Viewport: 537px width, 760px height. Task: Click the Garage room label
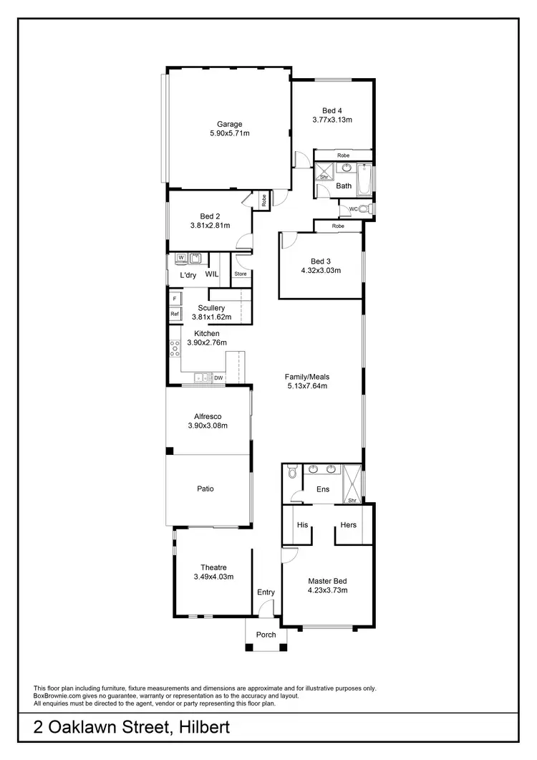coord(230,124)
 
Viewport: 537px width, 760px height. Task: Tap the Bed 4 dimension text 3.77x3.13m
coord(332,120)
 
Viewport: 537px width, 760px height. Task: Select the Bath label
coord(344,186)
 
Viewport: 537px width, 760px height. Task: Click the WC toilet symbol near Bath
coord(364,209)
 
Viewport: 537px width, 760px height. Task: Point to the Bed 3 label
coord(320,261)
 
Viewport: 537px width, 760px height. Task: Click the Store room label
coord(241,274)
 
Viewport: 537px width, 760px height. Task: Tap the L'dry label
coord(188,275)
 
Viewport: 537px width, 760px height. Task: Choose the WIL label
coord(212,274)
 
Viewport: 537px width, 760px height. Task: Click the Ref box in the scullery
coord(174,314)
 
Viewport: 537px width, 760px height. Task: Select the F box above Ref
coord(174,297)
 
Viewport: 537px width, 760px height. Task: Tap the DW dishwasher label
coord(218,377)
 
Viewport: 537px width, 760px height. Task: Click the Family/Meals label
coord(306,377)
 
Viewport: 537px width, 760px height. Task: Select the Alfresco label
coord(207,416)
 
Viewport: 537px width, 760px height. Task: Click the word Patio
coord(206,489)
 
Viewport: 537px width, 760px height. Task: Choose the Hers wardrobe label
coord(349,525)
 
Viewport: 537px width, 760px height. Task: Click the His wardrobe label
coord(302,525)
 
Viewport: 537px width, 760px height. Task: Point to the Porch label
coord(266,635)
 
